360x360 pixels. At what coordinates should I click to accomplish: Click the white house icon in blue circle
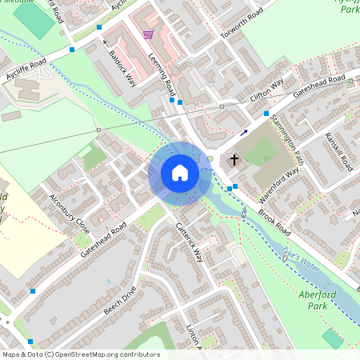(x=180, y=173)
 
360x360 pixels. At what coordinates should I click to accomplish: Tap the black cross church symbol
(x=234, y=160)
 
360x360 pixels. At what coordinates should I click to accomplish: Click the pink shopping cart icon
(x=147, y=34)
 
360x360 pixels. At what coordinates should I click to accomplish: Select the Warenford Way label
(x=279, y=186)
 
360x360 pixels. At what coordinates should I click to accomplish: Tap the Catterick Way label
(x=190, y=242)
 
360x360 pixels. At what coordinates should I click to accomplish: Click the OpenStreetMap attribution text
(x=80, y=354)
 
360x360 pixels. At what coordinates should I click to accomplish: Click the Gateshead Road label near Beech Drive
(x=104, y=240)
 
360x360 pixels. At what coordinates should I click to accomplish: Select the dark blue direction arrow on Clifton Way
(x=244, y=132)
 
